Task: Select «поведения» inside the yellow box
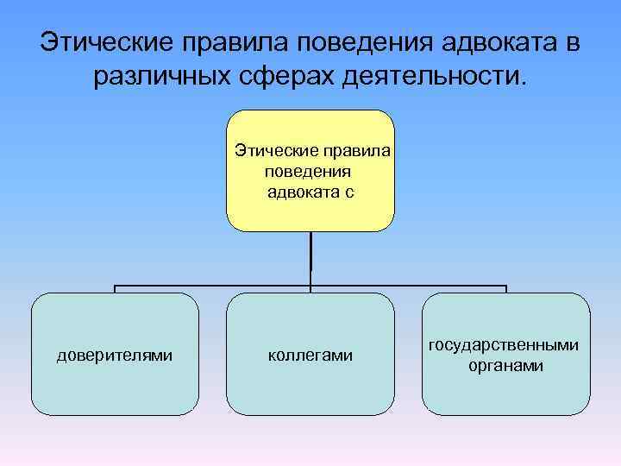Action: click(309, 171)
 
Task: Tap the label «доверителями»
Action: click(115, 355)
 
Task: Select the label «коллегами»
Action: click(310, 355)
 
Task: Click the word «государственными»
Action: click(505, 345)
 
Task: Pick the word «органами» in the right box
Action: click(505, 365)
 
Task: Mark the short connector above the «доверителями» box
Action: click(116, 289)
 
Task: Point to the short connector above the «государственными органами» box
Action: click(505, 289)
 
